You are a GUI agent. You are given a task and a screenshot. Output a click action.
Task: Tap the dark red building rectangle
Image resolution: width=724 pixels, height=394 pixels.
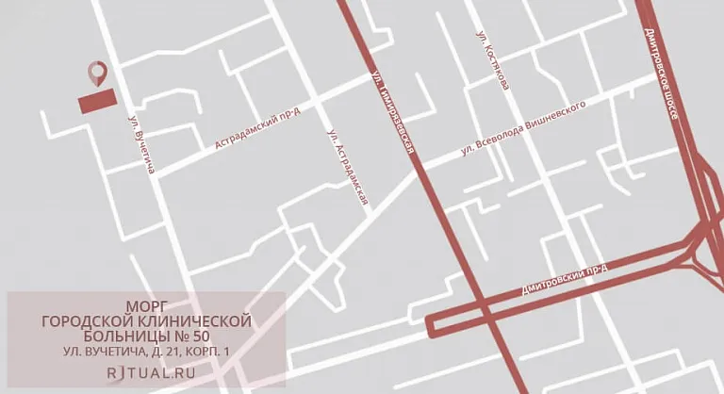click(x=97, y=101)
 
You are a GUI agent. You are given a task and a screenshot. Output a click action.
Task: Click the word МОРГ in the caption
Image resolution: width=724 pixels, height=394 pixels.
click(x=146, y=306)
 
